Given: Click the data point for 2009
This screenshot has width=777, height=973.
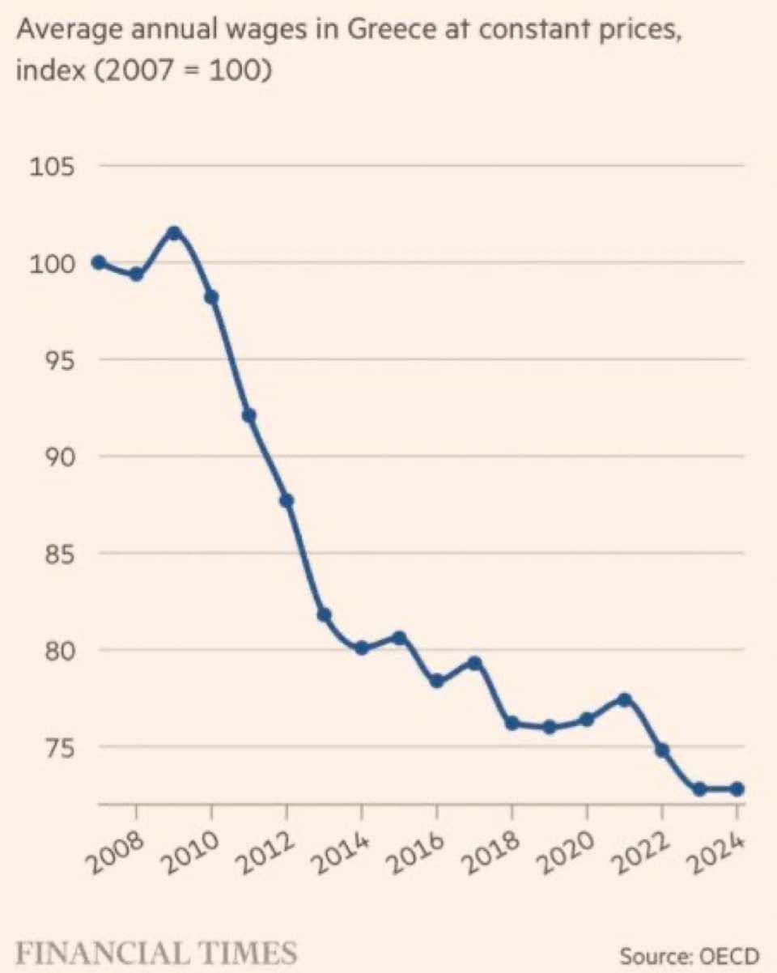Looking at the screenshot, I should [x=174, y=233].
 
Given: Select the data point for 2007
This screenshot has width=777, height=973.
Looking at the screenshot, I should [x=99, y=262].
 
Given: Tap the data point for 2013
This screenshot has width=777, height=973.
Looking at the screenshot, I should [x=324, y=615].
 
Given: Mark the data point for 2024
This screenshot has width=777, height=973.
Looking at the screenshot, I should [x=737, y=788].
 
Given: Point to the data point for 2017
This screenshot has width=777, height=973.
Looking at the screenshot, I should [x=474, y=664].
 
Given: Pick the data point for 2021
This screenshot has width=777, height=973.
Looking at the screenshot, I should [x=624, y=699].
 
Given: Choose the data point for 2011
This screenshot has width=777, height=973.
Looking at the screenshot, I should [x=249, y=416].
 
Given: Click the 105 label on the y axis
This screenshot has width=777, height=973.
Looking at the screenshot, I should [x=52, y=168].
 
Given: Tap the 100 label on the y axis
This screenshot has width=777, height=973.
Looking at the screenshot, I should [x=52, y=264].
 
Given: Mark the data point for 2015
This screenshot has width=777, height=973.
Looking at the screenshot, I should [x=399, y=638].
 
